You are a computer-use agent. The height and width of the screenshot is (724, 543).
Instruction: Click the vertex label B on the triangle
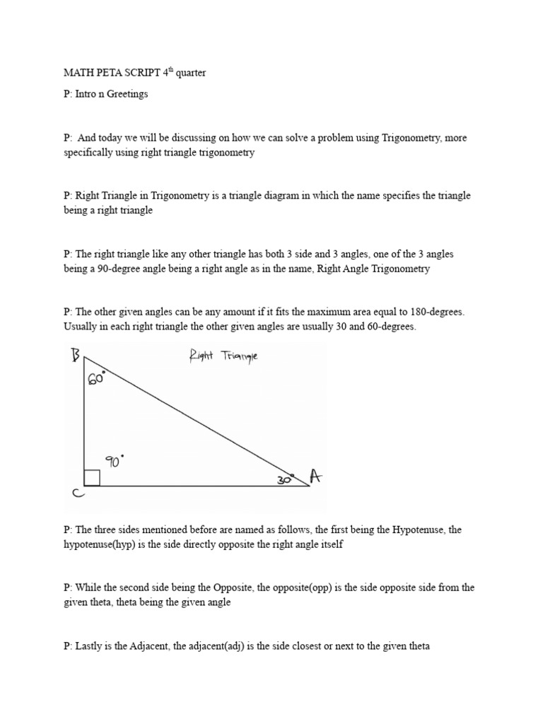click(76, 356)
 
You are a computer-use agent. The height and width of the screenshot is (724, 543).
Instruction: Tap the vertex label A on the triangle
click(315, 478)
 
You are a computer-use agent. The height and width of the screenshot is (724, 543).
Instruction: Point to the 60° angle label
click(97, 378)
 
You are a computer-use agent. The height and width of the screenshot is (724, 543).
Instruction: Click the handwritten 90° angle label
click(115, 461)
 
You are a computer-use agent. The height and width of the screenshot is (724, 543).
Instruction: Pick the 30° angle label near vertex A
click(285, 479)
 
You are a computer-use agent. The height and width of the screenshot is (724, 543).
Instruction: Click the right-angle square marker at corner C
click(91, 478)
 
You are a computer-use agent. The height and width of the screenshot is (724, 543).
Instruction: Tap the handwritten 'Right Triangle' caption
click(223, 356)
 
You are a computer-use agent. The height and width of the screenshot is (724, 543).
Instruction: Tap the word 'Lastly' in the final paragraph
click(88, 646)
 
